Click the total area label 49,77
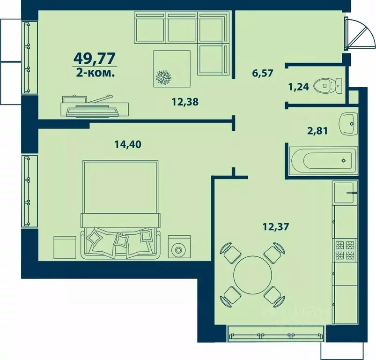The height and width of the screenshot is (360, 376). coord(95,58)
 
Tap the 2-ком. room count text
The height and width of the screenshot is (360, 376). coord(95,73)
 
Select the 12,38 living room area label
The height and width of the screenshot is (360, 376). coord(185,102)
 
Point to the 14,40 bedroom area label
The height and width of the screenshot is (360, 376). coord(128,144)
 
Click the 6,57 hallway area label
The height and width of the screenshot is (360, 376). coord(263,73)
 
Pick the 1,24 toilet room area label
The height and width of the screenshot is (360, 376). coord(299,87)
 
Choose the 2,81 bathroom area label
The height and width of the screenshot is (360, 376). coord(317,131)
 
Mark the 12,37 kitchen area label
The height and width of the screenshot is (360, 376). coord(276,226)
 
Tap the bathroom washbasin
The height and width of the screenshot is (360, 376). coord(348,124)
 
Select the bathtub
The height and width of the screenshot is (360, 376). coord(324,161)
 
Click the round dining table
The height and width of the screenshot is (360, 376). coord(252,275)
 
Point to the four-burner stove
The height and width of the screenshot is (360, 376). coord(345,250)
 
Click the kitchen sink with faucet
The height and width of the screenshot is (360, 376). coord(345,193)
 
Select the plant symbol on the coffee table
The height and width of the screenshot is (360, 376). coord(163,77)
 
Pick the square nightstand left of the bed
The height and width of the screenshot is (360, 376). coord(65,247)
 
